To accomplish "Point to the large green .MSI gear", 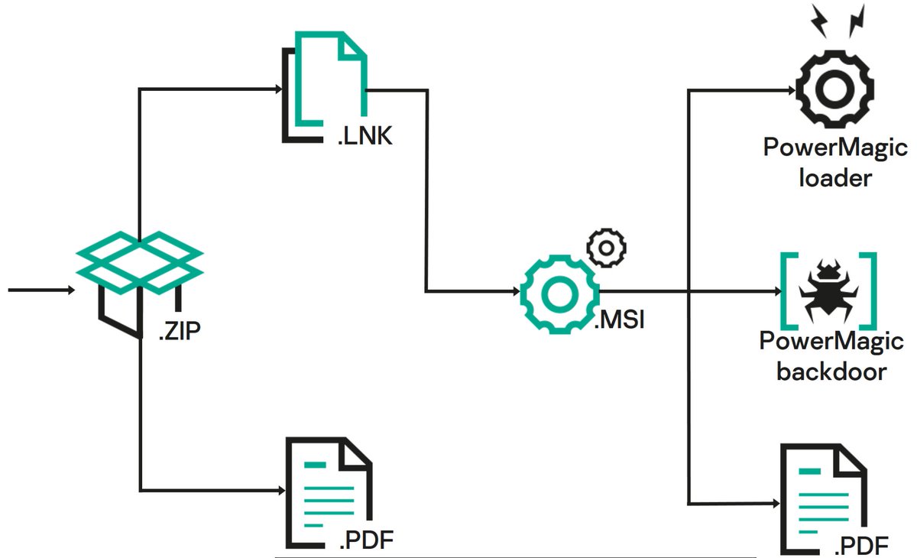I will click(x=558, y=291).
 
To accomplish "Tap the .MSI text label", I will click(x=620, y=319).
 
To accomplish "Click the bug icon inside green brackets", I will click(x=828, y=290).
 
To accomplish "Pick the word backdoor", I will click(x=831, y=371).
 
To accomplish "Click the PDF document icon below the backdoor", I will click(x=821, y=496).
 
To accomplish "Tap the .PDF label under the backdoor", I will click(x=861, y=546).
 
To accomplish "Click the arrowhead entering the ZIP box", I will click(x=70, y=290).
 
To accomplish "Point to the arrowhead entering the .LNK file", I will click(x=278, y=89).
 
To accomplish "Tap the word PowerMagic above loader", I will click(x=835, y=147).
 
